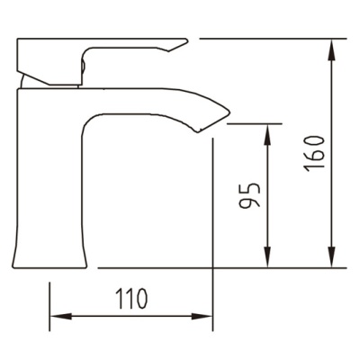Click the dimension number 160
[315, 154]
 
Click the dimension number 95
[249, 195]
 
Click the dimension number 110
[132, 299]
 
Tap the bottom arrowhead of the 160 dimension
[331, 257]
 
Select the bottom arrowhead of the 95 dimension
[267, 257]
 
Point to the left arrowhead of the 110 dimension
[61, 316]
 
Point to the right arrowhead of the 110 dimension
[202, 316]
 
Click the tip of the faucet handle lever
[186, 40]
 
